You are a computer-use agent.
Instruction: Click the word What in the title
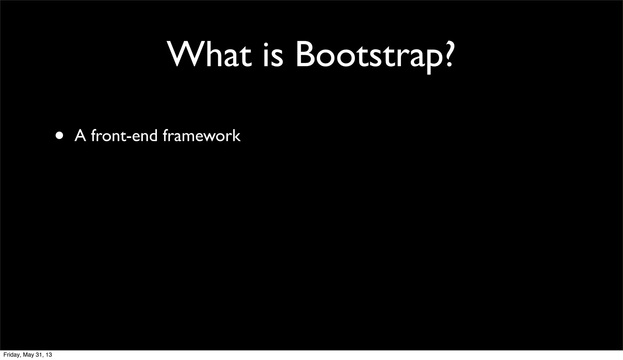(209, 54)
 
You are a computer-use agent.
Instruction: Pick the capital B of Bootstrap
(306, 54)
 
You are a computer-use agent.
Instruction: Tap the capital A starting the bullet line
(80, 136)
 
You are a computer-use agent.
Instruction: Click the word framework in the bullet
(202, 136)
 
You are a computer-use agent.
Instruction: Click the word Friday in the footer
(11, 355)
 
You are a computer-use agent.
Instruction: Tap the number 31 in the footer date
(39, 355)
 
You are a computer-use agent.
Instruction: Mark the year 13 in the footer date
(49, 355)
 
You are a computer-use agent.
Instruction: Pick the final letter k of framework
(237, 136)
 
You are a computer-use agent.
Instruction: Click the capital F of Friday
(5, 355)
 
